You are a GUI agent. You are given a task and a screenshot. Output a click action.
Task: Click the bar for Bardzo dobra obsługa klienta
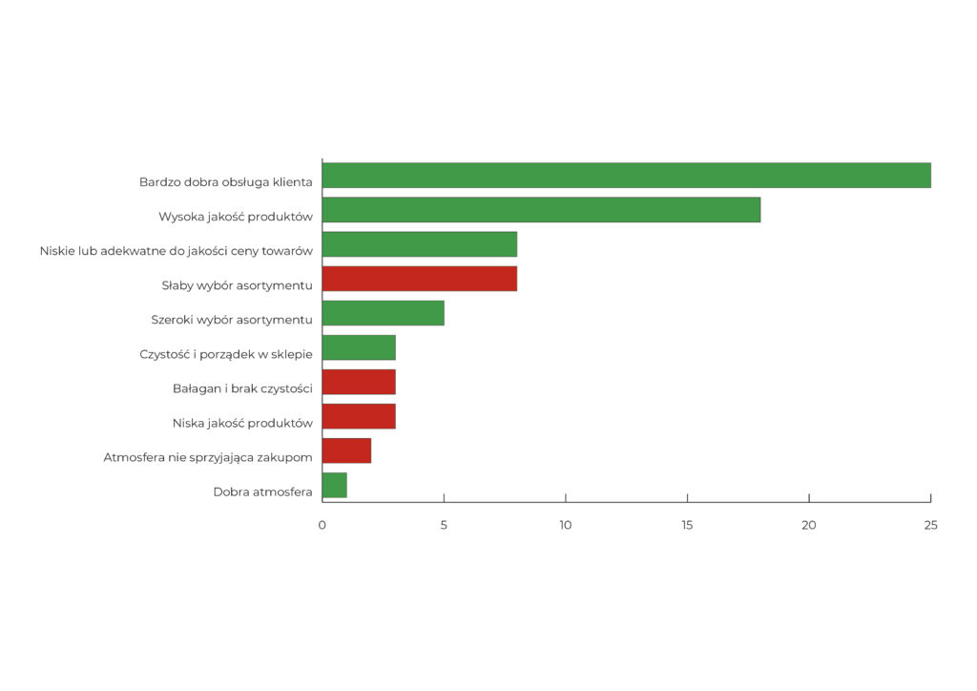tap(626, 176)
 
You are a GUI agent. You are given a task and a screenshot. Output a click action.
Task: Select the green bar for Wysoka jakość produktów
tap(541, 210)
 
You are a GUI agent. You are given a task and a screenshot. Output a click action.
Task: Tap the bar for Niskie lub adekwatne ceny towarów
tap(420, 244)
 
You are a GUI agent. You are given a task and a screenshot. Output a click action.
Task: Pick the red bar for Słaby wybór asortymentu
tap(420, 279)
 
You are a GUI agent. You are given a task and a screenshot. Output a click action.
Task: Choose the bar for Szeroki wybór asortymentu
tap(384, 313)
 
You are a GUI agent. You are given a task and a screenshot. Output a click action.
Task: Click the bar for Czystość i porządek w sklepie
tap(359, 347)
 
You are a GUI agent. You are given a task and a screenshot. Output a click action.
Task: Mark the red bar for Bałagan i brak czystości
tap(359, 382)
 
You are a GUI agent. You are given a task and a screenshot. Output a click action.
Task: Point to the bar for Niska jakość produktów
tap(359, 416)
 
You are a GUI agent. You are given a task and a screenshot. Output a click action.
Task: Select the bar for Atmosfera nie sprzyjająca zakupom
tap(346, 450)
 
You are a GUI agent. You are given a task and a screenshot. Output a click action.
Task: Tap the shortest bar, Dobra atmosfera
tap(335, 485)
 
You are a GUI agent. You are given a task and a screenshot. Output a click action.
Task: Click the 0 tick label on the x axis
tap(322, 525)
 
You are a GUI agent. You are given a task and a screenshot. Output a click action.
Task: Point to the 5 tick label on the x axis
tap(444, 525)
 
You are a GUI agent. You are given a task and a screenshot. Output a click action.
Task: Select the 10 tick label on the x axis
tap(566, 525)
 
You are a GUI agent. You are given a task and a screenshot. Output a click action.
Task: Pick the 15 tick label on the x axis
tap(687, 525)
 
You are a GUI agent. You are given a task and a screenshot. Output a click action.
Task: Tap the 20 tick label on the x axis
tap(809, 525)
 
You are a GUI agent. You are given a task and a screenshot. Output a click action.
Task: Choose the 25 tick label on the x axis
tap(930, 525)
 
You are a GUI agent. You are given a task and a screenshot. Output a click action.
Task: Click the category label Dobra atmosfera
tap(262, 492)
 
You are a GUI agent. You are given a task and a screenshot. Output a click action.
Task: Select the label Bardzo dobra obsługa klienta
tap(225, 182)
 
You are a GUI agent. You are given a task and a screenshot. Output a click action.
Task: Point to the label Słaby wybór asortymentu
tap(237, 285)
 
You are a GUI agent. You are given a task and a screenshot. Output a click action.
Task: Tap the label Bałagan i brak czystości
tap(242, 388)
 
